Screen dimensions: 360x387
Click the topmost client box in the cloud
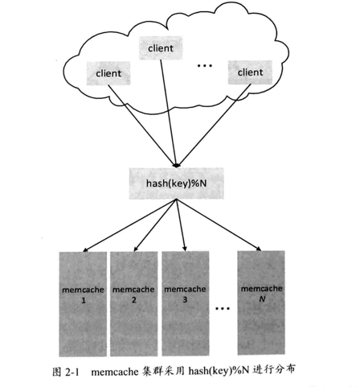pyautogui.click(x=161, y=48)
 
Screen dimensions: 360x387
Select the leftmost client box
pyautogui.click(x=108, y=73)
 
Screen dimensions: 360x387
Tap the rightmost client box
pyautogui.click(x=250, y=72)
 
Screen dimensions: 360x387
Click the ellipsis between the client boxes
pyautogui.click(x=205, y=65)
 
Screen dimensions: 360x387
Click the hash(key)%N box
pyautogui.click(x=176, y=183)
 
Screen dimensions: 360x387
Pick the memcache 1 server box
pyautogui.click(x=83, y=304)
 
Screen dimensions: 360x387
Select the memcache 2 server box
pyautogui.click(x=133, y=304)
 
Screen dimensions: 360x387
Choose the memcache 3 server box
pyautogui.click(x=186, y=303)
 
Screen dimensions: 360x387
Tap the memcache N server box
pyautogui.click(x=261, y=303)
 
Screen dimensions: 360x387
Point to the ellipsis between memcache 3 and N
pyautogui.click(x=223, y=308)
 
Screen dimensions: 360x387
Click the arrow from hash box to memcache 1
pyautogui.click(x=129, y=225)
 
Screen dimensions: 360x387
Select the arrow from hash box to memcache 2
pyautogui.click(x=155, y=225)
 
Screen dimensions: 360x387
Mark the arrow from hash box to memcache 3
pyautogui.click(x=181, y=224)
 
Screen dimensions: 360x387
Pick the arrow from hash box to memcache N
pyautogui.click(x=219, y=225)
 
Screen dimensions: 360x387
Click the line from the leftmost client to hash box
pyautogui.click(x=141, y=126)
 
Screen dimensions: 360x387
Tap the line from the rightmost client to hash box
pyautogui.click(x=214, y=126)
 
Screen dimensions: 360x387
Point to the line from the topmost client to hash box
pyautogui.click(x=168, y=113)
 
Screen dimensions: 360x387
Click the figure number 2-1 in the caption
pyautogui.click(x=72, y=372)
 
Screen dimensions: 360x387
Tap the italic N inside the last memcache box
pyautogui.click(x=262, y=298)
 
